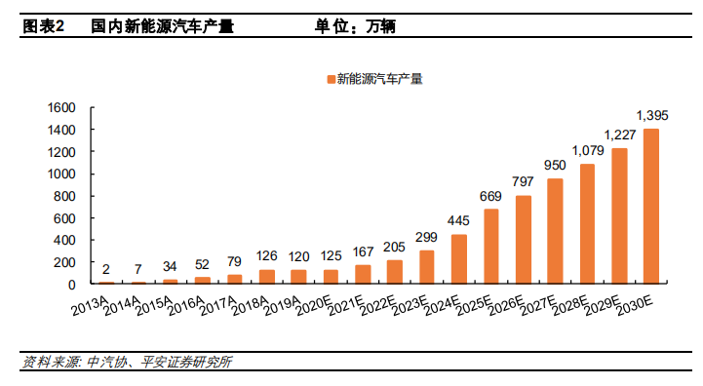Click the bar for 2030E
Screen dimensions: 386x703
pos(651,206)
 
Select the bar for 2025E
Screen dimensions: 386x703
pos(491,246)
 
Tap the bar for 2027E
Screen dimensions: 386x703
pos(555,230)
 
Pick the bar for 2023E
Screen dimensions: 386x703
pos(427,266)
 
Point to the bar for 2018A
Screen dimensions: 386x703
pos(267,276)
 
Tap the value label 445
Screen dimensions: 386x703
pos(459,222)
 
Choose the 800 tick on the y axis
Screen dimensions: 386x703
pos(66,196)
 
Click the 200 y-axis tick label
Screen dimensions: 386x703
pos(66,262)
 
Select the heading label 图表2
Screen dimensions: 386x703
pos(42,27)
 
